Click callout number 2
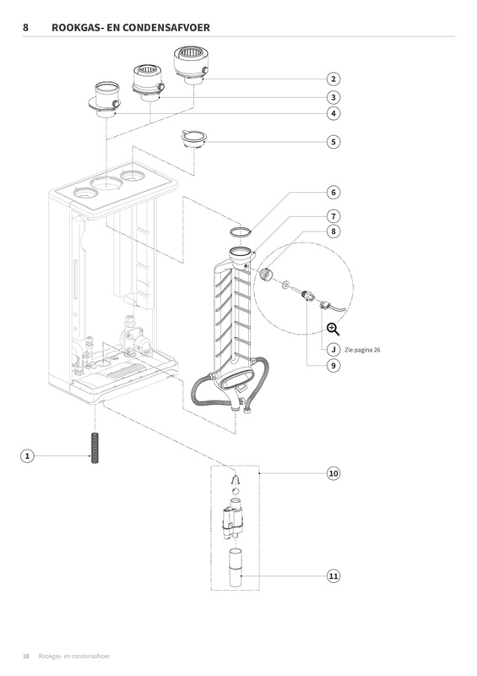333,79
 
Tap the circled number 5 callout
333,142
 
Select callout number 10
333,473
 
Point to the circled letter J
333,349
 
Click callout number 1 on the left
27,455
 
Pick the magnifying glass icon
333,330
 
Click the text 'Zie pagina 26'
362,350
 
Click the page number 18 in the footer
26,657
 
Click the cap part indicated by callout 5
194,139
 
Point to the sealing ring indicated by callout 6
241,231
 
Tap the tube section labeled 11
236,567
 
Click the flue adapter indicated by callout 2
192,65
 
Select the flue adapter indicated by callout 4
106,100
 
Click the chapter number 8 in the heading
25,28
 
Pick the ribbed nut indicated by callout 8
266,274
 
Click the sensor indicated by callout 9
308,296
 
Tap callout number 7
333,216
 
